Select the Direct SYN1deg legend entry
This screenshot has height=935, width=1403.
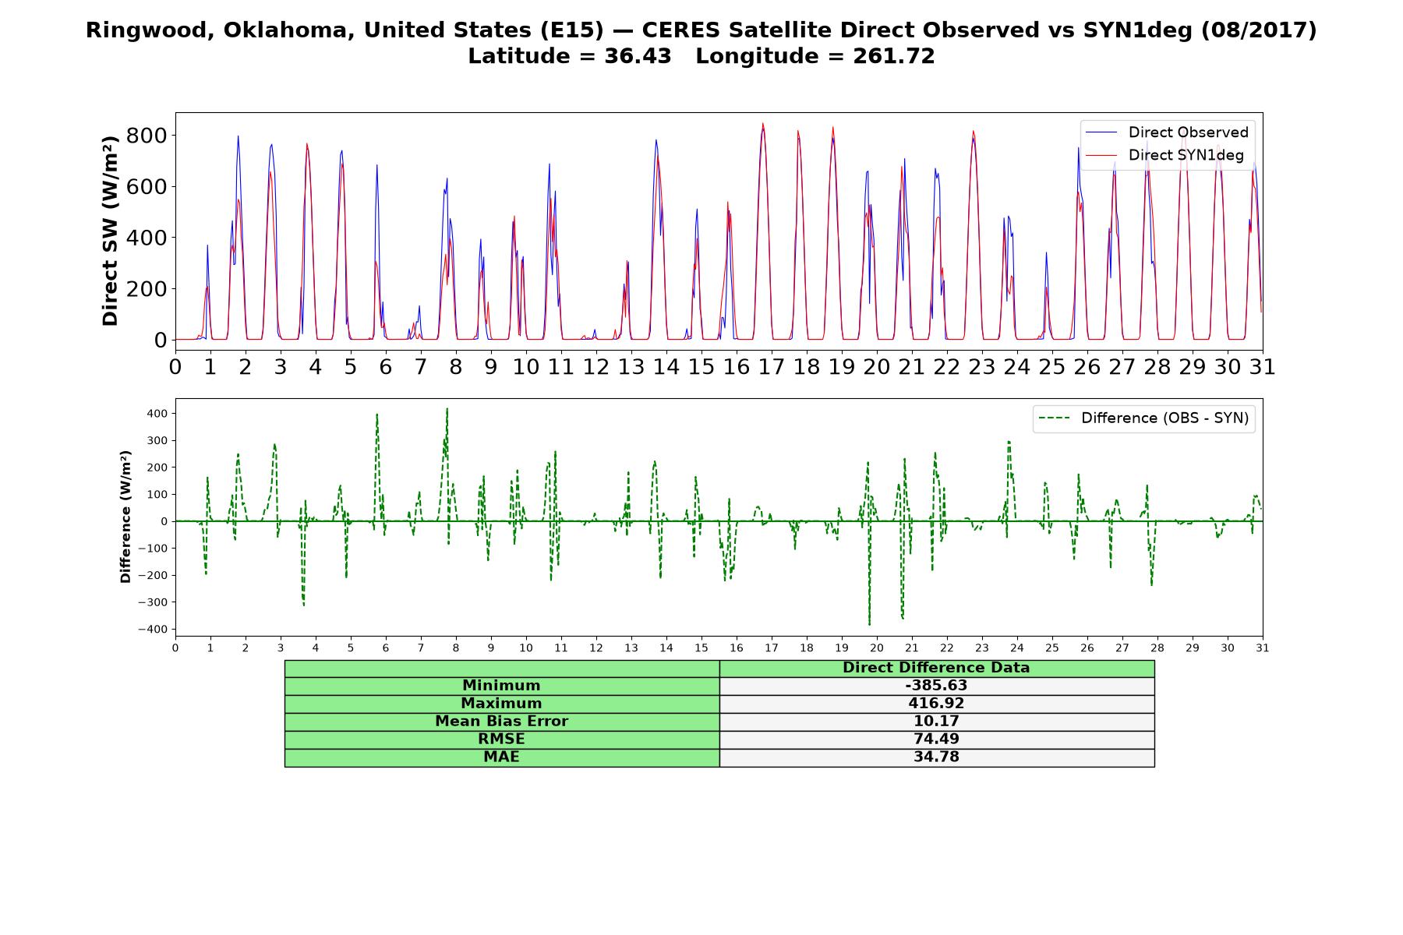(x=1165, y=155)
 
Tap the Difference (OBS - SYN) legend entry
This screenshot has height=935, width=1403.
(x=1143, y=418)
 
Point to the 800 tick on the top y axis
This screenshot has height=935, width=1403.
(x=147, y=136)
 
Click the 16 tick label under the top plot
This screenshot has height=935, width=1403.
(x=736, y=366)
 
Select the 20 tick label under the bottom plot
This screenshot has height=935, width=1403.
(x=877, y=648)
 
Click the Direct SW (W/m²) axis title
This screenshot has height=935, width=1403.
(x=110, y=231)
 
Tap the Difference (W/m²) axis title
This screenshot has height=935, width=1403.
(x=125, y=517)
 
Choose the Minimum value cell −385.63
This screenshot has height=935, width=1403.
(x=936, y=686)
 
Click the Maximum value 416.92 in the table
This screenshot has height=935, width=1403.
(x=936, y=704)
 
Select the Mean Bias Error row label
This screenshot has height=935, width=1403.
(x=501, y=722)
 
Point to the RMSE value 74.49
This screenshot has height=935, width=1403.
(x=936, y=739)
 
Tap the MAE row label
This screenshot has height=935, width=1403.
(x=501, y=757)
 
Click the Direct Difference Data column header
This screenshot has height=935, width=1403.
(x=936, y=668)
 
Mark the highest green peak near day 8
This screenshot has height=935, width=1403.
(x=447, y=408)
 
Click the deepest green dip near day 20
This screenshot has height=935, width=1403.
(x=869, y=625)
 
